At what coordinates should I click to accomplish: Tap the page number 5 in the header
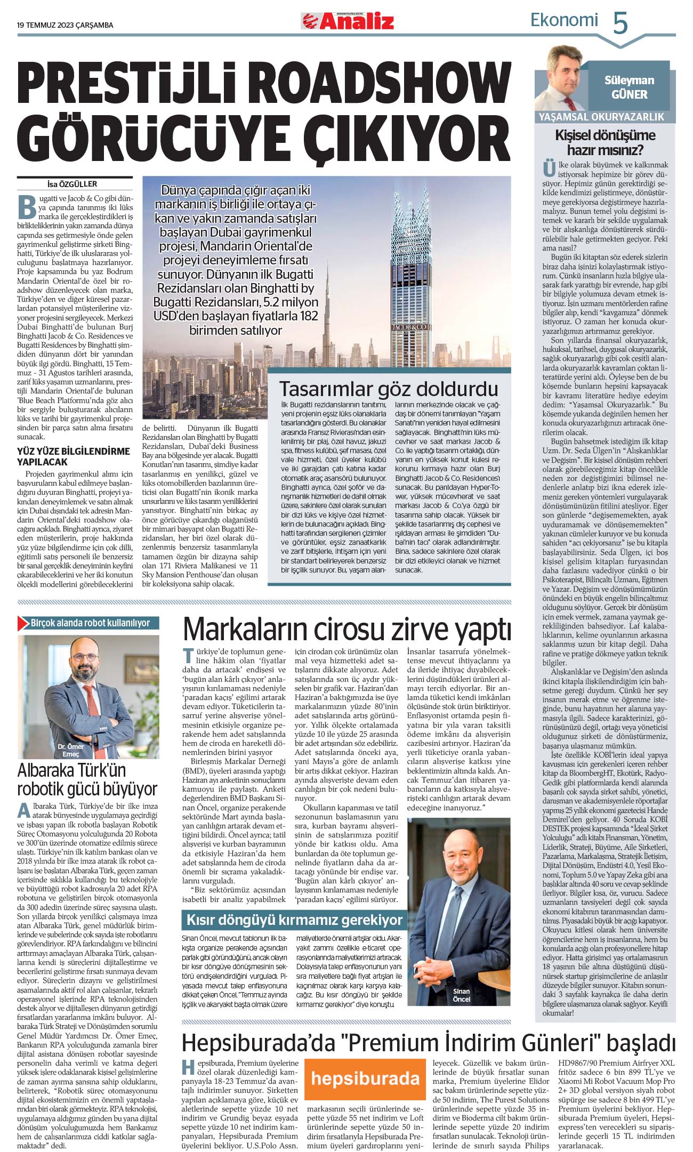coord(621,23)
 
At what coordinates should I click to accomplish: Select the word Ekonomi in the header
coord(564,20)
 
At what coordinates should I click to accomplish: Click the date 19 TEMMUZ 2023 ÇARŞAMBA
coord(65,25)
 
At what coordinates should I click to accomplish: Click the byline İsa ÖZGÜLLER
coord(72,184)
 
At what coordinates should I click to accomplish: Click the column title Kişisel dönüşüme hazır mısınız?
coord(605,142)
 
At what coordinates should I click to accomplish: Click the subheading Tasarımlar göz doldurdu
coord(389,389)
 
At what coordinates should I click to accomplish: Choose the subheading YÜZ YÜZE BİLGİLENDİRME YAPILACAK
coord(74,456)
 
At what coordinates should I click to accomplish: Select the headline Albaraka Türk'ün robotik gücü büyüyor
coord(87,779)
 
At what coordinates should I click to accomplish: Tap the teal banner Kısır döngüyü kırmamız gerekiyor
coord(294,920)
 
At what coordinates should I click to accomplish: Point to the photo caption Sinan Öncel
coord(461,995)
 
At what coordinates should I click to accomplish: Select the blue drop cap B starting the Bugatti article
coord(27,207)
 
